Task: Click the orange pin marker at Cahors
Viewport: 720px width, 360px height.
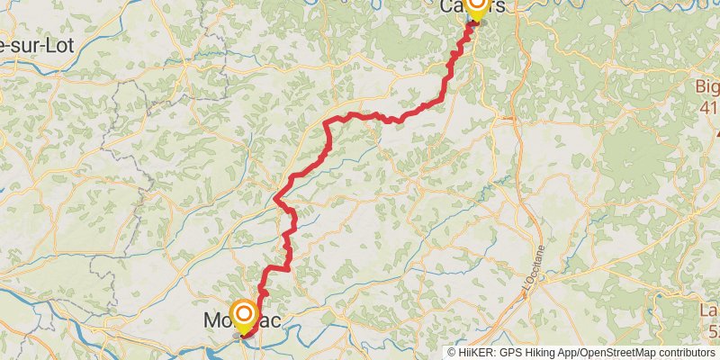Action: pyautogui.click(x=474, y=7)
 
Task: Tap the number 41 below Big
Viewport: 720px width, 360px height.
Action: pyautogui.click(x=708, y=108)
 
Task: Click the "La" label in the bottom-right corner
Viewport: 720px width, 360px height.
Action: pyautogui.click(x=709, y=311)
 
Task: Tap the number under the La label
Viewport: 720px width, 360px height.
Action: pyautogui.click(x=713, y=331)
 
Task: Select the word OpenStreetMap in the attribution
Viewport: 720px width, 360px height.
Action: pyautogui.click(x=619, y=353)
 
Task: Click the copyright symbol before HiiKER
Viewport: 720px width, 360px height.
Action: pyautogui.click(x=453, y=353)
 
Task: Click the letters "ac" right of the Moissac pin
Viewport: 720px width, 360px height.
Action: pyautogui.click(x=273, y=319)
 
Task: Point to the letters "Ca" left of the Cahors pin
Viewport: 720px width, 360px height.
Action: pyautogui.click(x=452, y=6)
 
